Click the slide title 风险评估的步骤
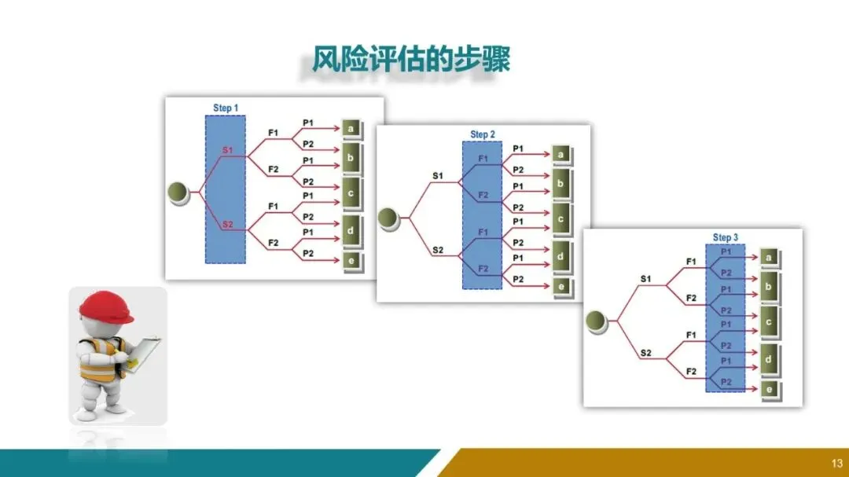pyautogui.click(x=410, y=61)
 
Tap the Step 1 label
pyautogui.click(x=226, y=108)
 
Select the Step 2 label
pyautogui.click(x=483, y=134)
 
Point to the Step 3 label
pyautogui.click(x=726, y=237)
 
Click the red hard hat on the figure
pyautogui.click(x=106, y=306)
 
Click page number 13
pyautogui.click(x=836, y=461)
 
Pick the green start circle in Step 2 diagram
pyautogui.click(x=389, y=218)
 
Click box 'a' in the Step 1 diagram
pyautogui.click(x=351, y=127)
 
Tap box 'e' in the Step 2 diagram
pyautogui.click(x=560, y=287)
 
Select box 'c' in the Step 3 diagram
pyautogui.click(x=769, y=321)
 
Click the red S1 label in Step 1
pyautogui.click(x=227, y=149)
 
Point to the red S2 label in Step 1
pyautogui.click(x=227, y=225)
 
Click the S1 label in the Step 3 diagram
pyautogui.click(x=645, y=278)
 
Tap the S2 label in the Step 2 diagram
pyautogui.click(x=438, y=251)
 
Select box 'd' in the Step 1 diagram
pyautogui.click(x=351, y=231)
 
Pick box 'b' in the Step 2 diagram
pyautogui.click(x=560, y=185)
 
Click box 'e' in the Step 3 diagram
pyautogui.click(x=769, y=389)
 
